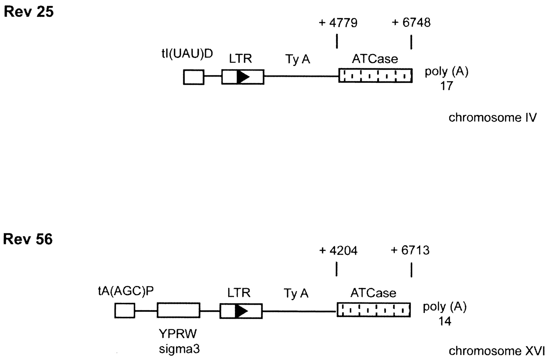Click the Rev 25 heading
[28, 12]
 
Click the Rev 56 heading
[28, 239]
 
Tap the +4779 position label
[338, 23]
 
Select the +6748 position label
[411, 23]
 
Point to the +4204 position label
[338, 251]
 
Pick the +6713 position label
[410, 250]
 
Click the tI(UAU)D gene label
[187, 54]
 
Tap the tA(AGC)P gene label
[126, 291]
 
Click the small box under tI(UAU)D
[194, 77]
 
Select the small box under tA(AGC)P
[125, 311]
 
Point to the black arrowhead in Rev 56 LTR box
[241, 311]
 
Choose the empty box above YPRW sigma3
[178, 310]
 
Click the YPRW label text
[178, 334]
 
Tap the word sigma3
[179, 349]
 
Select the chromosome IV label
[492, 118]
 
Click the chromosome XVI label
[497, 351]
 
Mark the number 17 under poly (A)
[446, 86]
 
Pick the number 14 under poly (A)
[445, 321]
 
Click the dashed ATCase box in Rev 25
[375, 76]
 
